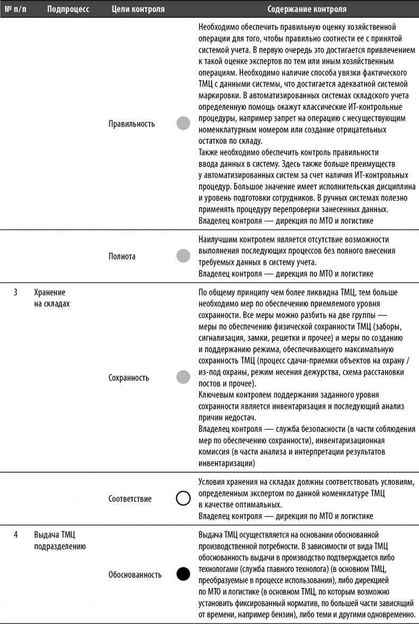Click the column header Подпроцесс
[67, 9]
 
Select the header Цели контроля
[138, 9]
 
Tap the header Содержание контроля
[307, 9]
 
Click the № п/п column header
[16, 9]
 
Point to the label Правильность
[132, 124]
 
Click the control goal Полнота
[122, 256]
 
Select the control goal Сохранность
[129, 378]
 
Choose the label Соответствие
[130, 499]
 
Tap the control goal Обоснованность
[134, 574]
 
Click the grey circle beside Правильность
[183, 124]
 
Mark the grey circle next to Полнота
[183, 256]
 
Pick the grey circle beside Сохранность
[183, 378]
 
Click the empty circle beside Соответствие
[183, 499]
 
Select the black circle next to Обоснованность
[183, 574]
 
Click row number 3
[16, 292]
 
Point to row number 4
[16, 533]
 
